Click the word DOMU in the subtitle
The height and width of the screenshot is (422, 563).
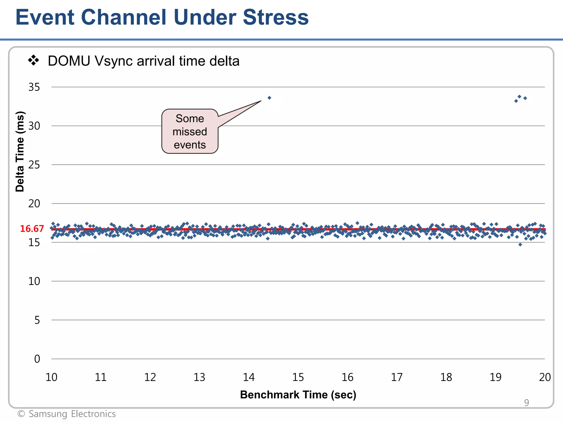(x=69, y=61)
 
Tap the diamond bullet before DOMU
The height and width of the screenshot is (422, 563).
(x=34, y=60)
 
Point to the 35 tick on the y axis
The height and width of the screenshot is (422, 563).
(x=34, y=87)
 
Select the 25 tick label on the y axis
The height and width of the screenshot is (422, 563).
(x=34, y=165)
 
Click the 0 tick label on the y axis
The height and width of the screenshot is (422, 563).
(x=37, y=359)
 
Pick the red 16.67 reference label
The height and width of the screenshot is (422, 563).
(x=32, y=229)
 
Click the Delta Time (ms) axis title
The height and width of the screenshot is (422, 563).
(x=20, y=151)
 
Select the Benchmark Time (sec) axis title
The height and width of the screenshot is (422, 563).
(x=298, y=395)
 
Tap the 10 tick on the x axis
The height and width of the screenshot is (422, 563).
(x=51, y=377)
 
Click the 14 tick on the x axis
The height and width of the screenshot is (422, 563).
(x=249, y=377)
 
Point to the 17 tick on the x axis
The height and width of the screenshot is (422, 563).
(x=397, y=377)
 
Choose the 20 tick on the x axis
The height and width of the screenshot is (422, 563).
(x=545, y=377)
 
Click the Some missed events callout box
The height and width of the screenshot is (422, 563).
(x=190, y=131)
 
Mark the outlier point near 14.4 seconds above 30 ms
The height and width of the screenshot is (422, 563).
(x=269, y=98)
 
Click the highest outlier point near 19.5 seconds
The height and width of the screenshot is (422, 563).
(x=519, y=96)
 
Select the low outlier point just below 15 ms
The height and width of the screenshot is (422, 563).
(x=520, y=245)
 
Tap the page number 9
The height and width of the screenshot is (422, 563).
(x=526, y=402)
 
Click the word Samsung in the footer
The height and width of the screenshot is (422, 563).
(x=48, y=414)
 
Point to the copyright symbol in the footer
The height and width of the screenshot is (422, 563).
(x=21, y=414)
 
